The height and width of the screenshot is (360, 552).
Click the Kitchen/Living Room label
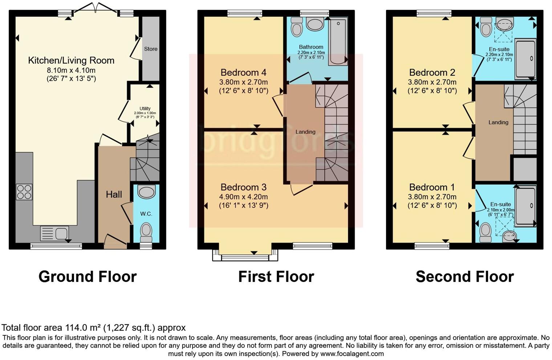coord(71,60)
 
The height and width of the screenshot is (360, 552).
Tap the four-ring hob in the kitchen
coord(24,192)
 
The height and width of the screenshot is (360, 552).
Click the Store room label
coord(151,49)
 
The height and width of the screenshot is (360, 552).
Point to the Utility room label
coord(145,109)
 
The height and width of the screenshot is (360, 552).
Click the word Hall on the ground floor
coord(114,195)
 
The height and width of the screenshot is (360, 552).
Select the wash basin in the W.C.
coord(147,192)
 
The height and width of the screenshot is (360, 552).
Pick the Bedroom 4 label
coord(243,72)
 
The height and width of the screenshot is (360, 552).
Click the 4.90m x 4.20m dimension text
coord(243,197)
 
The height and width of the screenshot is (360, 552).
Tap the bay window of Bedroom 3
coord(245,255)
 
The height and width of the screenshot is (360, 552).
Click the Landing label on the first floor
coord(305,132)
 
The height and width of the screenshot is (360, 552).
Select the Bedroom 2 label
coord(432,72)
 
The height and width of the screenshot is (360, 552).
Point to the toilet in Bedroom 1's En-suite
coord(486,232)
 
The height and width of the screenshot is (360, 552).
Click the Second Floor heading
coord(464,277)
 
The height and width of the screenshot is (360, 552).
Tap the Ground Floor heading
coord(88,277)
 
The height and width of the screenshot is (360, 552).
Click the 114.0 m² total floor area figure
coord(83,328)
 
